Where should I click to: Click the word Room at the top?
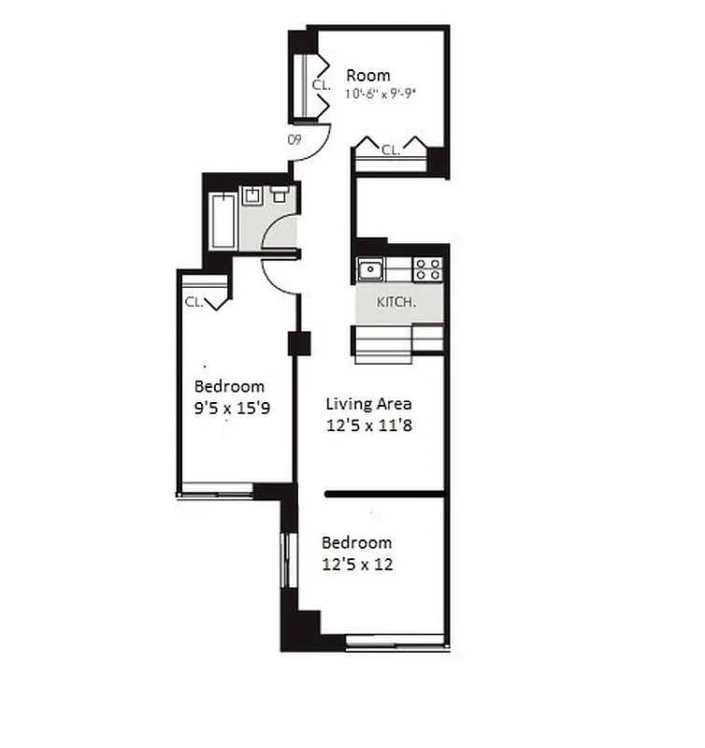[x=368, y=76]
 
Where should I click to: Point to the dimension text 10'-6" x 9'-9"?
[x=380, y=93]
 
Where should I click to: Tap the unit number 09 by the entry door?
[x=294, y=140]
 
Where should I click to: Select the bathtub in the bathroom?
[x=223, y=221]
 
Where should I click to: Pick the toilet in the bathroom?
[x=280, y=194]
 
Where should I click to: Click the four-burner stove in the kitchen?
[x=427, y=269]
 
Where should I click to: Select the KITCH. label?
[x=396, y=303]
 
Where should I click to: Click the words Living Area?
[x=368, y=404]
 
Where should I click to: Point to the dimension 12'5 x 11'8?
[x=368, y=424]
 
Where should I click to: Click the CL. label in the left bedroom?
[x=194, y=302]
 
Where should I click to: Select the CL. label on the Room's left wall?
[x=321, y=84]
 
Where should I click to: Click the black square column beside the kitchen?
[x=299, y=343]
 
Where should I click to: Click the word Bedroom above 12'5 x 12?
[x=356, y=542]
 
